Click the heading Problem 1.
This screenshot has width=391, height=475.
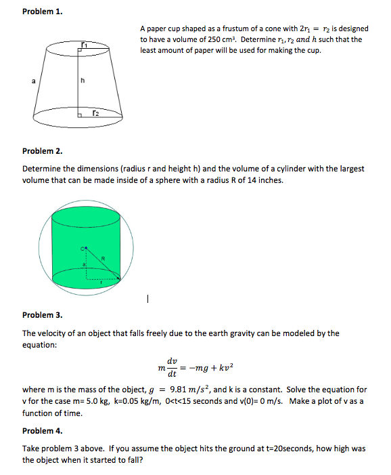coord(42,12)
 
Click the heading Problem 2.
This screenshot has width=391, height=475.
coord(42,150)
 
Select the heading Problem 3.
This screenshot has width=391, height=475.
coord(42,315)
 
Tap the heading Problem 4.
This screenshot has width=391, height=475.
coord(42,431)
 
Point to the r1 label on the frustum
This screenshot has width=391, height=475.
coord(84,44)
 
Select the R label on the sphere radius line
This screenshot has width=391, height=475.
coord(103,258)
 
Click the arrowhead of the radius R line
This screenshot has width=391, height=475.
coord(120,278)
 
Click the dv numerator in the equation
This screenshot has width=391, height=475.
coord(172,361)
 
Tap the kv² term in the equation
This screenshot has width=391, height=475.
coord(224,367)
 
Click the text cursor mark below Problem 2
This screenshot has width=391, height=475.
coord(147,297)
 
